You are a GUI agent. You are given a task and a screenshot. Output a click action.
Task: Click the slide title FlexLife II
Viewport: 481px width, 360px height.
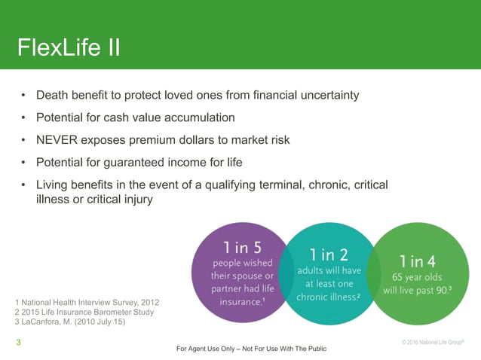pyautogui.click(x=69, y=47)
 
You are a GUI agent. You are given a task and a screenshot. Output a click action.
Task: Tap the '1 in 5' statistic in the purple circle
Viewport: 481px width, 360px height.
pyautogui.click(x=242, y=246)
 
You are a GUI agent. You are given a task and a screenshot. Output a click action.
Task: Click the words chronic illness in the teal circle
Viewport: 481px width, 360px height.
pyautogui.click(x=327, y=297)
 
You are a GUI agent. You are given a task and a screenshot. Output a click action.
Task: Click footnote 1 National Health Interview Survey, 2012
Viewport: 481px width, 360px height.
pyautogui.click(x=87, y=303)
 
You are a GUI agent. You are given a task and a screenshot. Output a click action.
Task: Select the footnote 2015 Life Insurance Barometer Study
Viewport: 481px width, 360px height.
pyautogui.click(x=84, y=313)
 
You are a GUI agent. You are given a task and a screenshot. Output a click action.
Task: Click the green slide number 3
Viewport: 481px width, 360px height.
pyautogui.click(x=18, y=343)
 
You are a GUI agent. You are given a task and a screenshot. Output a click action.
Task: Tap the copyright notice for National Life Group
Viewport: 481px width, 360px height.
pyautogui.click(x=434, y=343)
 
